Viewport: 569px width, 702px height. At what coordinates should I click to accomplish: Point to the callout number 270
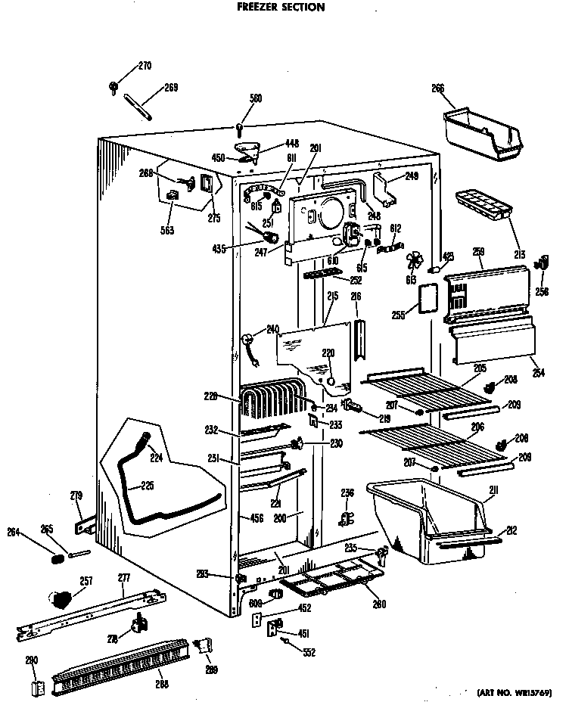144,67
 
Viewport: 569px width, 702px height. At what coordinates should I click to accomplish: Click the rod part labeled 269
141,104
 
